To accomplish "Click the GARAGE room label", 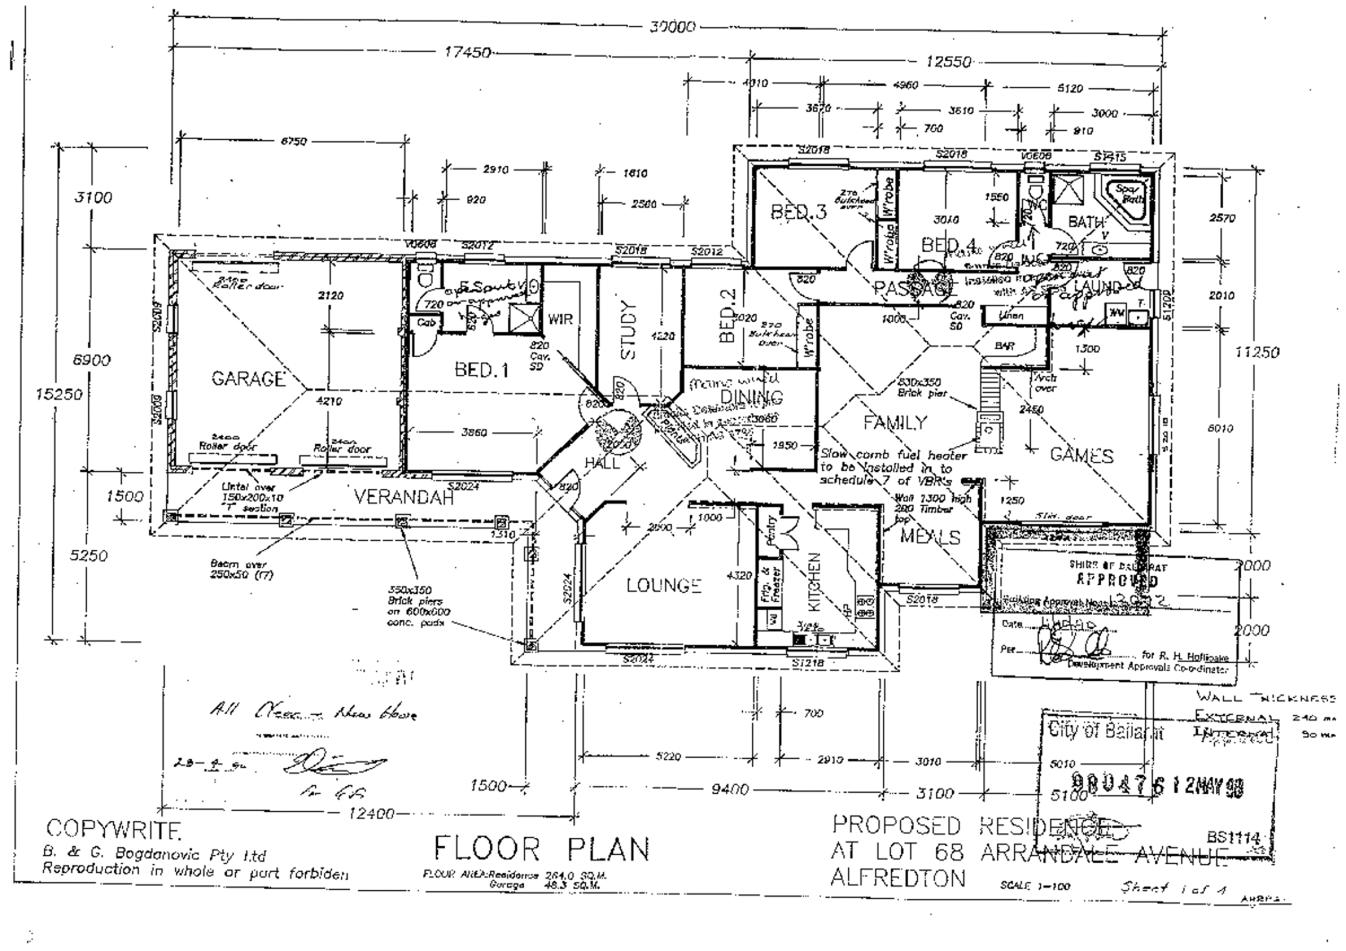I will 248,380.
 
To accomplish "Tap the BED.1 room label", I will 481,370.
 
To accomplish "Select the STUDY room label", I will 627,331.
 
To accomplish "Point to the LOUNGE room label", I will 663,585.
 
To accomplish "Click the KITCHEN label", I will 815,581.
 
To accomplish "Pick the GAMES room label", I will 1081,455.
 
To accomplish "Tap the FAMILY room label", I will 895,423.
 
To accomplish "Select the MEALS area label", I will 931,537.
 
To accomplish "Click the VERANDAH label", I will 403,497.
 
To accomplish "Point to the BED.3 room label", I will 799,213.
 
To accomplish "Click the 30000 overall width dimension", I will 672,27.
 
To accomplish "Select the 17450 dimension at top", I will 468,53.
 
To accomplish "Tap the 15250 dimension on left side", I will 65,394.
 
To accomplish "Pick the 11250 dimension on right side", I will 1256,353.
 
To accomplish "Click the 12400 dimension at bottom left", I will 370,814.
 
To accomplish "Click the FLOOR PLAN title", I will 541,849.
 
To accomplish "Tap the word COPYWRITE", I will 114,827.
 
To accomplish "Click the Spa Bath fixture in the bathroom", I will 1127,194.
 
